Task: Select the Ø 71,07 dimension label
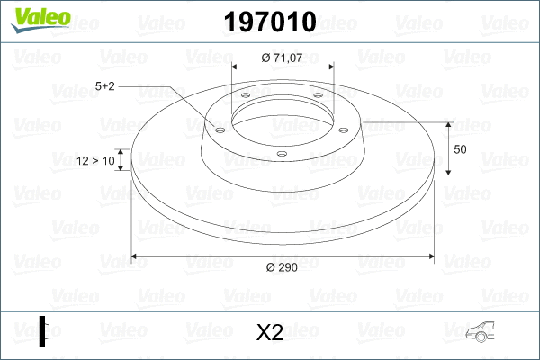click(283, 58)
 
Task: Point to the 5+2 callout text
click(105, 86)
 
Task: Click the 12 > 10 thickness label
click(96, 161)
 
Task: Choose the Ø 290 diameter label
click(283, 267)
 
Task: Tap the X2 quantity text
click(270, 333)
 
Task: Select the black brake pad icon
click(44, 330)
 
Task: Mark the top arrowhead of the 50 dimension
click(449, 124)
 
